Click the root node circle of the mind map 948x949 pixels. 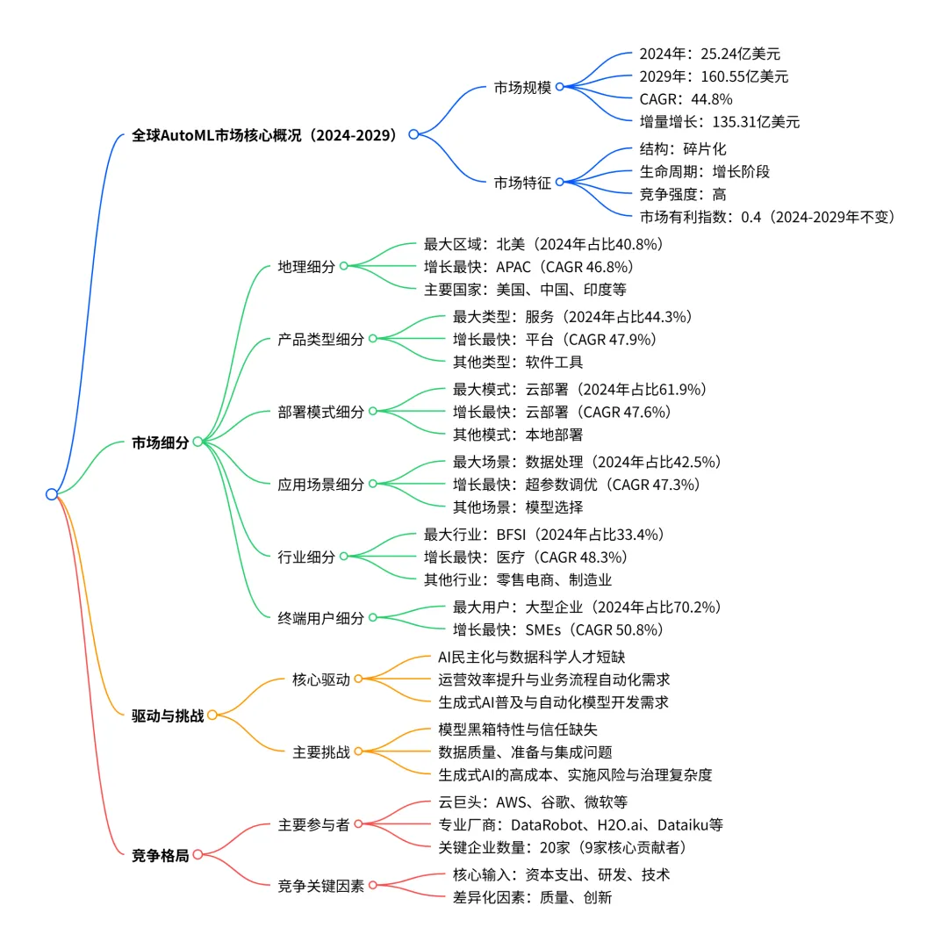pyautogui.click(x=52, y=494)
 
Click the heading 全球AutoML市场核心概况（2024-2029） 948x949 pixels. pyautogui.click(x=264, y=135)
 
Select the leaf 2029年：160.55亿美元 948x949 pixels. pyautogui.click(x=714, y=76)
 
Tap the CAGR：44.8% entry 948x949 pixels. pyautogui.click(x=686, y=99)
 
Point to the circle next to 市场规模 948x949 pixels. pyautogui.click(x=560, y=87)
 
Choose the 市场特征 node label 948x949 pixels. pyautogui.click(x=522, y=183)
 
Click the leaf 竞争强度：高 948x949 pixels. pyautogui.click(x=683, y=194)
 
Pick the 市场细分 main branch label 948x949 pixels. pyautogui.click(x=160, y=442)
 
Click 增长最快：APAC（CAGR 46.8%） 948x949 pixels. pyautogui.click(x=528, y=266)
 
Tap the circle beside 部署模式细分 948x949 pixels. pyautogui.click(x=372, y=411)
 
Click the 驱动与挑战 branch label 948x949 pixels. pyautogui.click(x=167, y=715)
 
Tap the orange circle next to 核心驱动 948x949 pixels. pyautogui.click(x=358, y=679)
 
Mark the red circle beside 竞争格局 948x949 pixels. pyautogui.click(x=197, y=854)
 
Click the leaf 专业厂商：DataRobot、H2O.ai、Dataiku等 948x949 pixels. pyautogui.click(x=580, y=824)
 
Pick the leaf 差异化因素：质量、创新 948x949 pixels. pyautogui.click(x=532, y=896)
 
